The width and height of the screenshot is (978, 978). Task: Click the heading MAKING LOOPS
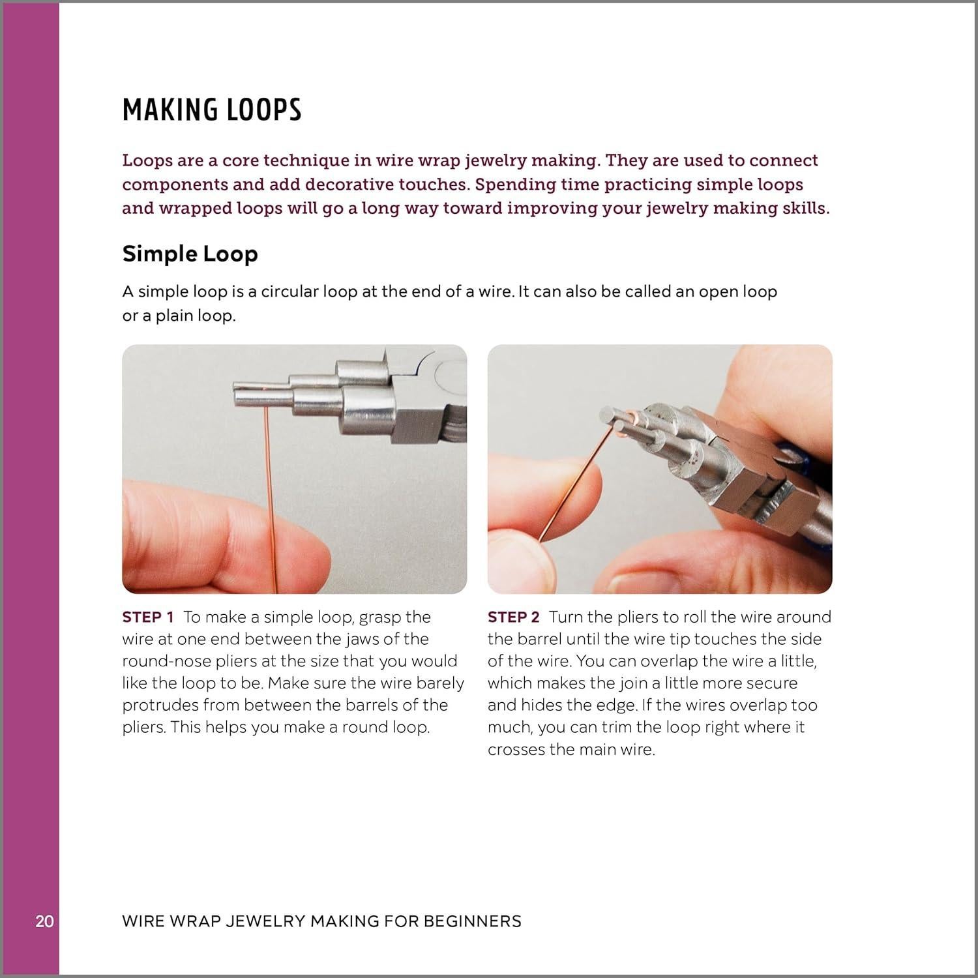coord(212,110)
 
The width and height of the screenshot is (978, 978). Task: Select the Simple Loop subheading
coord(190,254)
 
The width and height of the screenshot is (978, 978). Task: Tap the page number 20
coord(44,921)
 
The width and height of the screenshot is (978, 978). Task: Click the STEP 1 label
coord(148,617)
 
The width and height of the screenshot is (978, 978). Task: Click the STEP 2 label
coord(514,617)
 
